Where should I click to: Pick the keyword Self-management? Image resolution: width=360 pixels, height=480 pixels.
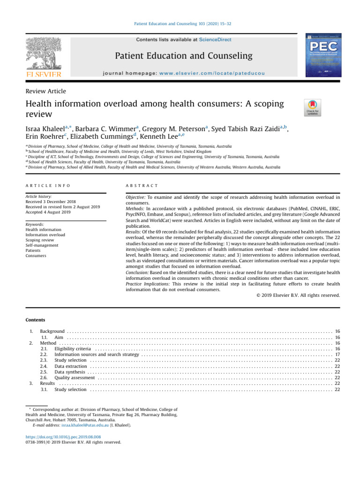[x=42, y=245]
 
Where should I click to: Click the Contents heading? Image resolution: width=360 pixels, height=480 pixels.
[x=35, y=321]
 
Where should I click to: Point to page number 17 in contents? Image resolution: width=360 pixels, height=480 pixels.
[x=337, y=355]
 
